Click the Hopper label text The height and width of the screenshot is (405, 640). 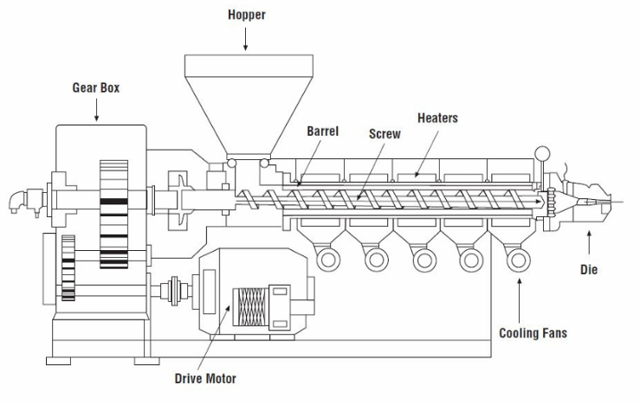247,15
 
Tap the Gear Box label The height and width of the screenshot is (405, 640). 96,87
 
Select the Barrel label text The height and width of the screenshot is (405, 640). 323,132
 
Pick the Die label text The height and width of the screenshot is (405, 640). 589,270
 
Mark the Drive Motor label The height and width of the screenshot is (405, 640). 204,378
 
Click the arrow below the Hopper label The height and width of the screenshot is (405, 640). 247,37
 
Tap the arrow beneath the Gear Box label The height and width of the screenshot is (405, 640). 96,109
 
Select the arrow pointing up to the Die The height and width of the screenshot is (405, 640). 589,241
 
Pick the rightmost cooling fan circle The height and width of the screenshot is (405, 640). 518,258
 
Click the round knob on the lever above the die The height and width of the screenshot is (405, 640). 543,154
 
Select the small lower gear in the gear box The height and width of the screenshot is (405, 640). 70,268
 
